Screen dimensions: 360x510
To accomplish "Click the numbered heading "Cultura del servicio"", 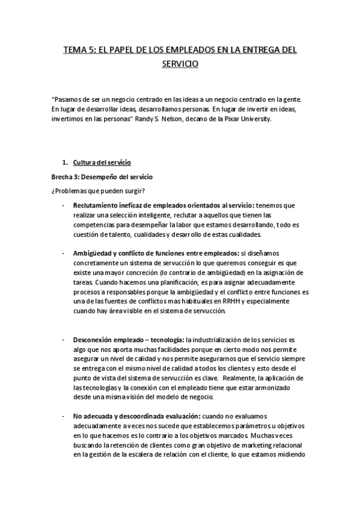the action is point(102,162).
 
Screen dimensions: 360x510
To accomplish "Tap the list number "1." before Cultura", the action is point(66,162).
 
